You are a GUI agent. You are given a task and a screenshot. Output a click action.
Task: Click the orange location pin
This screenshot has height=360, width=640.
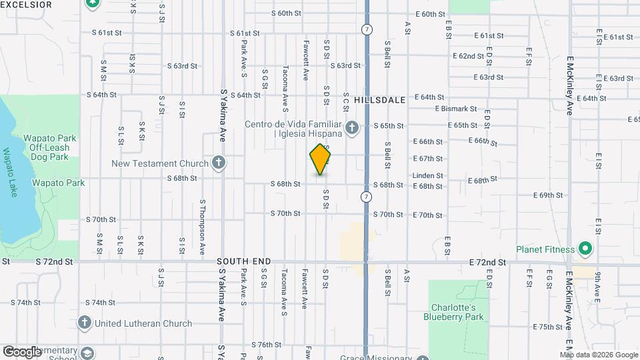coord(321,159)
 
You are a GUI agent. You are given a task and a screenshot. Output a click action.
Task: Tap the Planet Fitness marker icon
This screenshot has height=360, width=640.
coord(585,250)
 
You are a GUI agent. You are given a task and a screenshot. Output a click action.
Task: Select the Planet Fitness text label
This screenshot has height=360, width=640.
coord(545,250)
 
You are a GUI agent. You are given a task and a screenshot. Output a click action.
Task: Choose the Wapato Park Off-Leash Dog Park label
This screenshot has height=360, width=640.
coord(46,147)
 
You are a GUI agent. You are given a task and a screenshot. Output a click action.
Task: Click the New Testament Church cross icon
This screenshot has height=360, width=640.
coord(218,163)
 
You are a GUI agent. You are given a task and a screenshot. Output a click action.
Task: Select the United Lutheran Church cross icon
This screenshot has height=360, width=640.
coord(85,323)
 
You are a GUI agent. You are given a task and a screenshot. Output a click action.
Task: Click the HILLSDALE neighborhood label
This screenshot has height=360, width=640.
coord(379,99)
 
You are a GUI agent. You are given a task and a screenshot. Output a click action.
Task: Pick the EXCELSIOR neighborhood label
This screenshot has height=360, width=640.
coord(26,5)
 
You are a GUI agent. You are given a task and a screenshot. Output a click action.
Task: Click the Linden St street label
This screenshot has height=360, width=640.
coord(427,175)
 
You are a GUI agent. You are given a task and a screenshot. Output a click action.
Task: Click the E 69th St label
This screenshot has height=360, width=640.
coord(548,195)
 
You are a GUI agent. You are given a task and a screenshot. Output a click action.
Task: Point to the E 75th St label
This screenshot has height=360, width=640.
coord(548,327)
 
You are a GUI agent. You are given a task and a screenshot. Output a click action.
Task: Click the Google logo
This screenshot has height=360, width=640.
coord(22,351)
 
